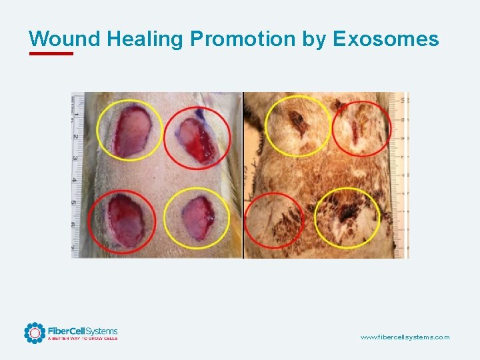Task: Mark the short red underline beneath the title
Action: pyautogui.click(x=51, y=53)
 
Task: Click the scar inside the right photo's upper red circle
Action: pyautogui.click(x=357, y=132)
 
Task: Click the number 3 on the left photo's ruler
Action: pyautogui.click(x=75, y=158)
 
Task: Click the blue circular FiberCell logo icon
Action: pyautogui.click(x=35, y=333)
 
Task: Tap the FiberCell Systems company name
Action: pyautogui.click(x=82, y=331)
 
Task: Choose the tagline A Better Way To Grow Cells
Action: pyautogui.click(x=82, y=339)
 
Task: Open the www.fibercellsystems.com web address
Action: pyautogui.click(x=405, y=337)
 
